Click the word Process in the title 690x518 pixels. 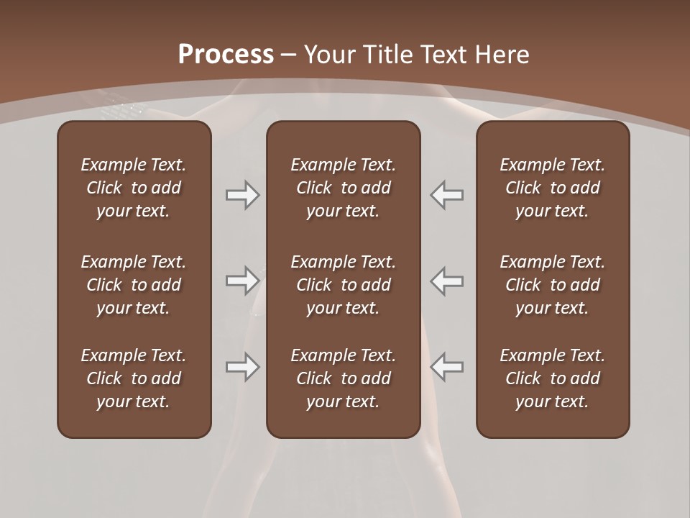tap(226, 55)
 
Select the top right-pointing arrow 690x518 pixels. tap(242, 195)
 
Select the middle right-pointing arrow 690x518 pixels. tap(242, 281)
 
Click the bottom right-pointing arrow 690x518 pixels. tap(242, 367)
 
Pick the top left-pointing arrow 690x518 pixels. tap(447, 195)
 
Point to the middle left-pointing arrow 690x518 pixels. tap(447, 281)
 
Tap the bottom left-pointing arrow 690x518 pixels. tap(447, 367)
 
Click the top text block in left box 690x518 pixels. tap(134, 188)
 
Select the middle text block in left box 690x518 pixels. tap(134, 285)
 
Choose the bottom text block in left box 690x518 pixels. tap(134, 378)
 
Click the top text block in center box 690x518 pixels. tap(343, 188)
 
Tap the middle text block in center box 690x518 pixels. tap(343, 285)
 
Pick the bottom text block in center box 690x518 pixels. tap(343, 378)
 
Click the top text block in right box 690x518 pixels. tap(552, 188)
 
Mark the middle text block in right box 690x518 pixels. tap(552, 285)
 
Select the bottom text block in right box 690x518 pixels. tap(552, 378)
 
